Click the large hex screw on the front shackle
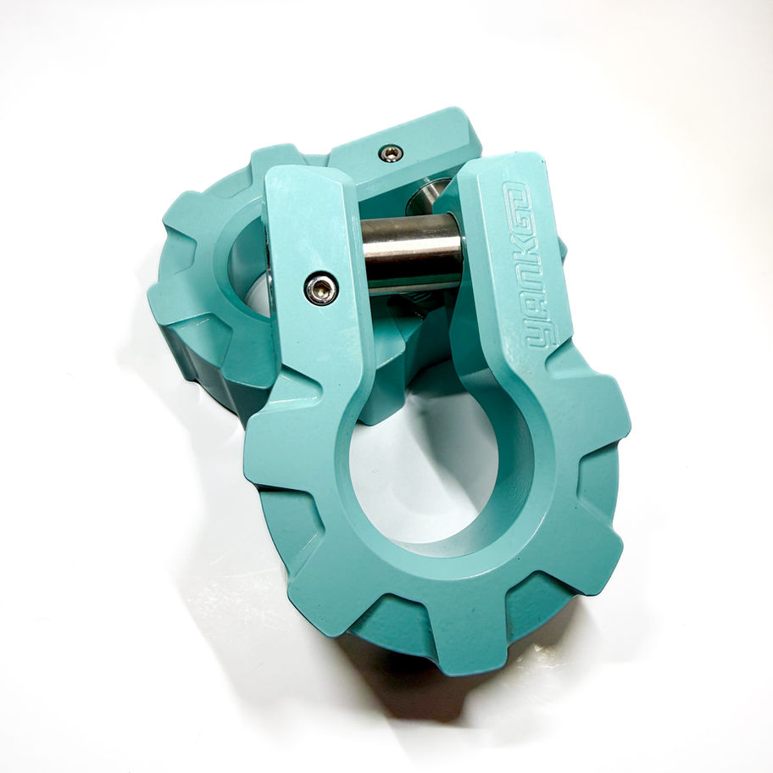pos(321,289)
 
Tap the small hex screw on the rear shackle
pos(391,153)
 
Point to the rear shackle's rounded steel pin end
pos(427,195)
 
